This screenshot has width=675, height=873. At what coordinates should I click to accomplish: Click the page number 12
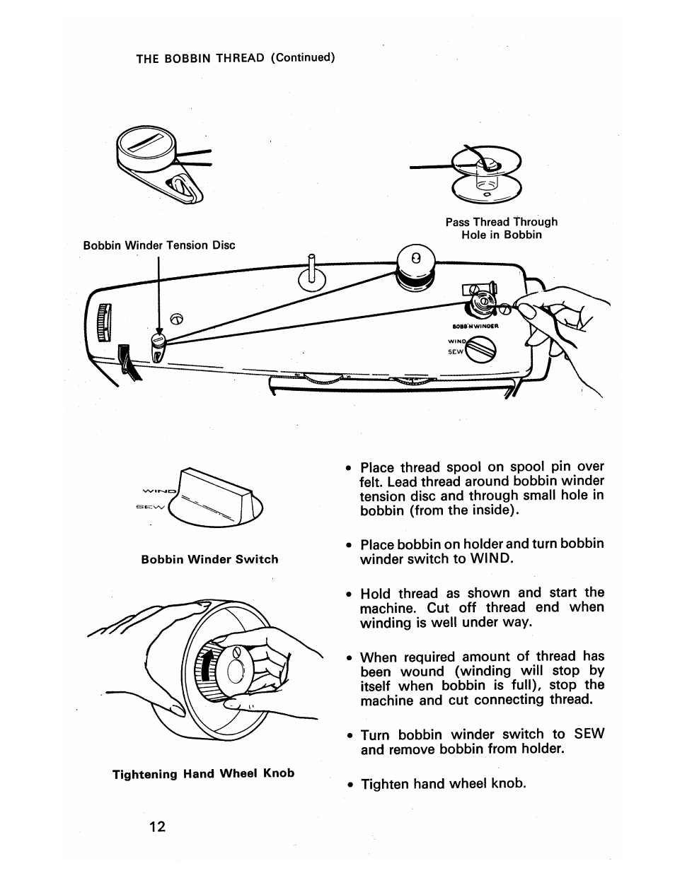coord(157,826)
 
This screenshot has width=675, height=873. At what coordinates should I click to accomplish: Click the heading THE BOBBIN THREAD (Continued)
coord(235,58)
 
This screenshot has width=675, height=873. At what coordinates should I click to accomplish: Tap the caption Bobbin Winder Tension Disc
coord(159,245)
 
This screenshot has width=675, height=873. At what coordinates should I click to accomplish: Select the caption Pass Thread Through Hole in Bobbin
coord(501,228)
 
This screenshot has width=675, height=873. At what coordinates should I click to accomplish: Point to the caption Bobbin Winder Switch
coord(209,559)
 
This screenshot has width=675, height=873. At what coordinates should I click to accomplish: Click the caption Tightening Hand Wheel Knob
coord(204,773)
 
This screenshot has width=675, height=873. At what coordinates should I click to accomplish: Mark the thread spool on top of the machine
coord(415,269)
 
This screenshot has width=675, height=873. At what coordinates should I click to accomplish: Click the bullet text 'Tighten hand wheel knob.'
coord(444,784)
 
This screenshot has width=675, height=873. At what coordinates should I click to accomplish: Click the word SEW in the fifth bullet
coord(589,734)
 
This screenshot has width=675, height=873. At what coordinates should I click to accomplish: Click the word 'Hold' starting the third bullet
coord(376,593)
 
